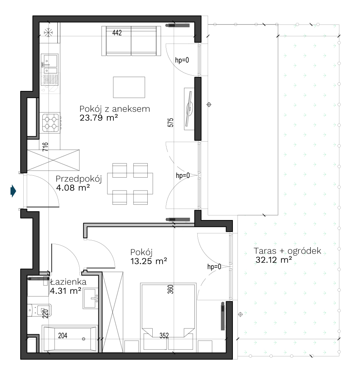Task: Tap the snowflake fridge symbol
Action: click(48, 32)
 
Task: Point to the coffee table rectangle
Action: click(129, 87)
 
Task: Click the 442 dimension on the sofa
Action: click(117, 32)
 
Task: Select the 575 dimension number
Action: click(171, 123)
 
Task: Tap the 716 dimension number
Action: click(45, 147)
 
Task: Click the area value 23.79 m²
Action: click(99, 118)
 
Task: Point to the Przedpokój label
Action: click(79, 179)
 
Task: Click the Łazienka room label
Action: click(68, 282)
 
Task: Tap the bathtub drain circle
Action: click(84, 339)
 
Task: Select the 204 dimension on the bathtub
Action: click(63, 335)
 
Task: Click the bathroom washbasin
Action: click(90, 298)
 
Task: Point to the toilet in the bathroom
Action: click(39, 310)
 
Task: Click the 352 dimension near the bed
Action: click(164, 335)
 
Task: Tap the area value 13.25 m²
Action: click(149, 261)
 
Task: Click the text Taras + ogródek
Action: click(287, 251)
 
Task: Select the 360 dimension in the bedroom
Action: click(171, 290)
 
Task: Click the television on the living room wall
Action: click(189, 109)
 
